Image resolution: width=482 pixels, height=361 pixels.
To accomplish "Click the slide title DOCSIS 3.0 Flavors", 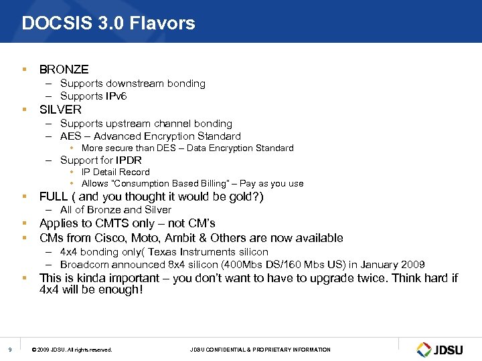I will tap(108, 24).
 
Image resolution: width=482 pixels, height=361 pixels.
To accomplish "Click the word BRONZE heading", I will tap(64, 70).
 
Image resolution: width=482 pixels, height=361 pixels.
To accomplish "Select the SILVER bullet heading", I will tap(60, 110).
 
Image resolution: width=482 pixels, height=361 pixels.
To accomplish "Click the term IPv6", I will tap(115, 96).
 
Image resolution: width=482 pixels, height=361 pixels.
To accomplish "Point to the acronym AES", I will tap(70, 136).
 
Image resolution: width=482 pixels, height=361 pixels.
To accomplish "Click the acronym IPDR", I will tap(129, 160).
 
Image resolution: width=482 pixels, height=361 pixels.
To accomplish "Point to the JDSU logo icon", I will tap(424, 350).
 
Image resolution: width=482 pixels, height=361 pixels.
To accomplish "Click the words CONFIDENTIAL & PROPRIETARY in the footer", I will tap(255, 350).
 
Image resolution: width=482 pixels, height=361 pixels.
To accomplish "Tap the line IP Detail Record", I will tap(116, 172).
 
